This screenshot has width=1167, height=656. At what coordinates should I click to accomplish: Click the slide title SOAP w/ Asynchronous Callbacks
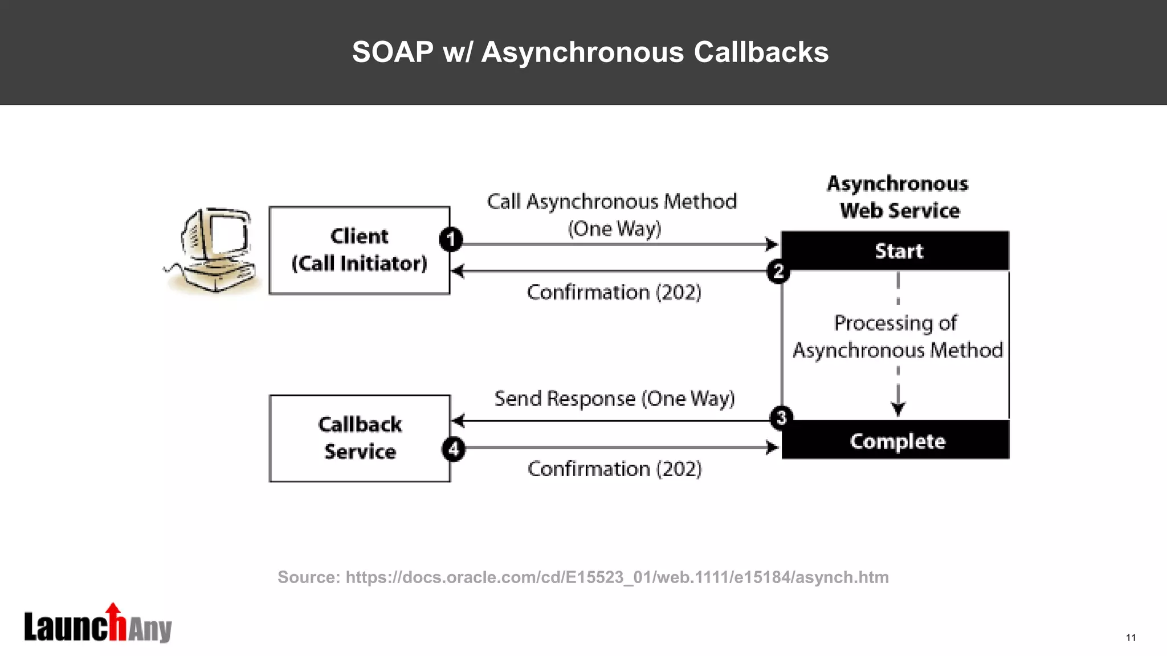click(590, 52)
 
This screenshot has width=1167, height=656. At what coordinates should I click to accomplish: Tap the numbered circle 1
click(451, 239)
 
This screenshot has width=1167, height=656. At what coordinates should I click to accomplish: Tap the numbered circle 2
click(778, 272)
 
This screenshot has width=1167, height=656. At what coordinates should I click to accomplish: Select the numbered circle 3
click(781, 417)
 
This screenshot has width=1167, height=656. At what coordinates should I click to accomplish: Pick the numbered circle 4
click(454, 449)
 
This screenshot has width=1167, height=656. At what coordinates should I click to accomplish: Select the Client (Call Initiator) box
click(359, 250)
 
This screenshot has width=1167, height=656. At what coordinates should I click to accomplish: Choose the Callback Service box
click(359, 438)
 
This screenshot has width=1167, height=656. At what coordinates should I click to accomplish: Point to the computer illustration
click(214, 250)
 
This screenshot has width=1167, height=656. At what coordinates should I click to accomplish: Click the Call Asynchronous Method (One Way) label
click(613, 215)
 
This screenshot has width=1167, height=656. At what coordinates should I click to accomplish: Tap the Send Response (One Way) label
click(614, 398)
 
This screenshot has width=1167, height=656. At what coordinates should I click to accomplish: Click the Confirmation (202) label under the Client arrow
click(614, 292)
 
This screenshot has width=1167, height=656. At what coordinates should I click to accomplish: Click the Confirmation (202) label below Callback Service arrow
click(614, 469)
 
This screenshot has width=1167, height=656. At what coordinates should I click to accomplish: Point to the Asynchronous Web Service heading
click(899, 197)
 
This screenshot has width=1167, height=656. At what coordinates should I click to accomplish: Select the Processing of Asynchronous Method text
click(897, 337)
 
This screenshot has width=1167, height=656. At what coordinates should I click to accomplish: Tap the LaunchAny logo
click(97, 625)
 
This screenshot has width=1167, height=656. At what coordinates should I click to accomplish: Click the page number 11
click(1131, 637)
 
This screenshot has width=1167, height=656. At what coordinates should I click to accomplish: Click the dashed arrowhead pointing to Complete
click(898, 408)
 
